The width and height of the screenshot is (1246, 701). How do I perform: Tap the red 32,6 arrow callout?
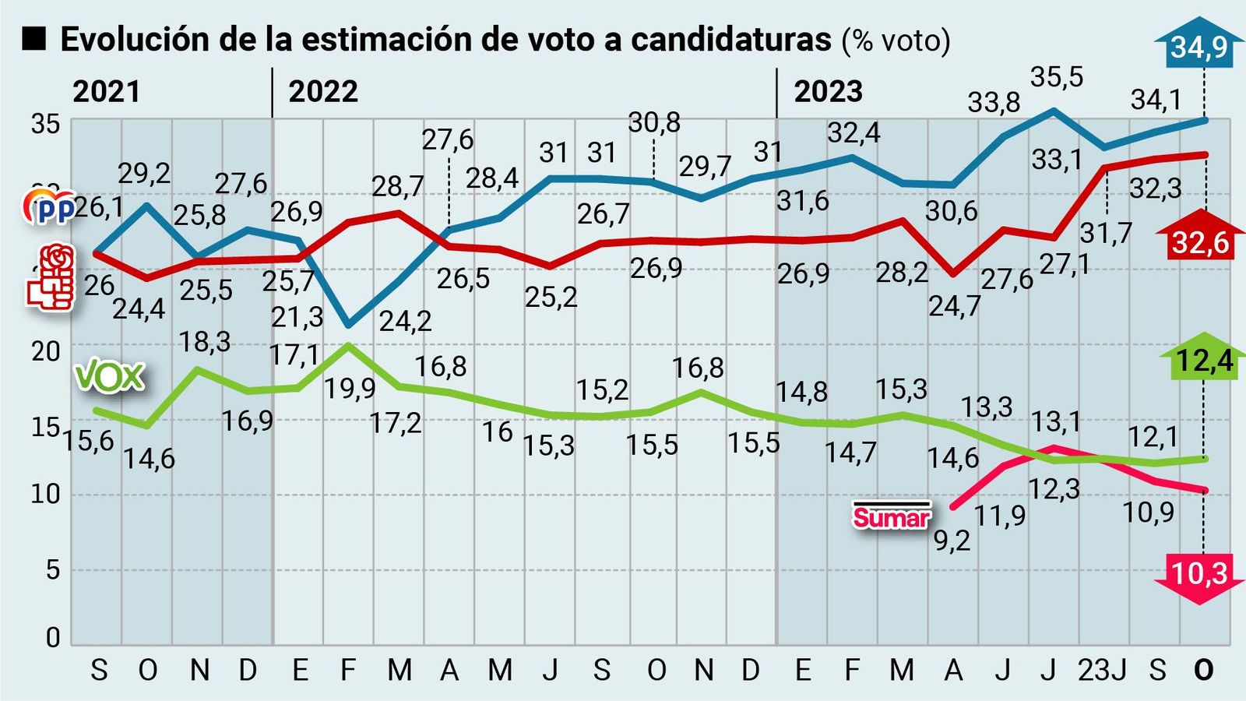pos(1200,241)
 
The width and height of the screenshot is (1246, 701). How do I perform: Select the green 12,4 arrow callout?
pos(1204,360)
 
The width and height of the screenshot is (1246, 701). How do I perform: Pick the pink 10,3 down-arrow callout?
pos(1199,575)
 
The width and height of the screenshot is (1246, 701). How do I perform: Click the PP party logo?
pos(48,207)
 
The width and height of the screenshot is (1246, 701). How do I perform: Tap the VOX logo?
pos(109,377)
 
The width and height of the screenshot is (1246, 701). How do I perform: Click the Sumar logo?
pos(892,516)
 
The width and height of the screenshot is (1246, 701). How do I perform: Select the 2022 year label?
pos(323,92)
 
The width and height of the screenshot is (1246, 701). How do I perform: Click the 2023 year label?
pos(828,92)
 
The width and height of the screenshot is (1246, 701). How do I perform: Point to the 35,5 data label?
pos(1057,77)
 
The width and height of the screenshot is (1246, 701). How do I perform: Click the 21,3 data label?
pos(297,317)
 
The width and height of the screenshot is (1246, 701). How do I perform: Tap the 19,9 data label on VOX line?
pos(350,388)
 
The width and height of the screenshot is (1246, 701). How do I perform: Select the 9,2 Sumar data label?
pos(952,541)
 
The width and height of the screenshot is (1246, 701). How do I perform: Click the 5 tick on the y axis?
pos(52,570)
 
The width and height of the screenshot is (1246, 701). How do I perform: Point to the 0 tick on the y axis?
pos(52,638)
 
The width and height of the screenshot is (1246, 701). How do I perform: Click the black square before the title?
pos(35,38)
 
